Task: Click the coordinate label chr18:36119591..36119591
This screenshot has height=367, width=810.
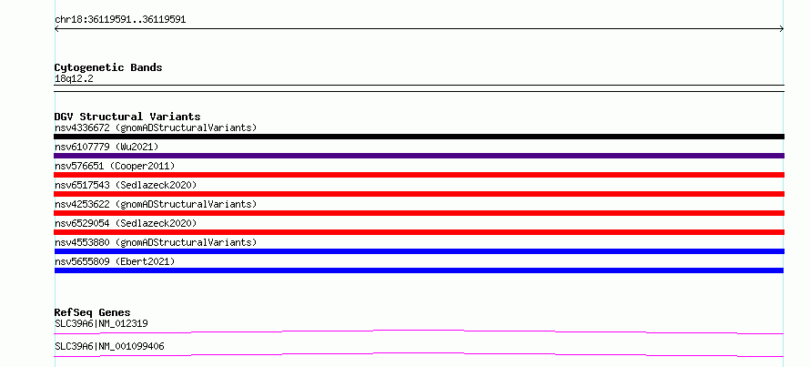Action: (x=120, y=20)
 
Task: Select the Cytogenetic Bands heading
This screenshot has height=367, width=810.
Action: (x=108, y=67)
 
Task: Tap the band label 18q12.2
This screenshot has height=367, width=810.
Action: (x=74, y=79)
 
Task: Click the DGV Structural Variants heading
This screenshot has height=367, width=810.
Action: (x=127, y=117)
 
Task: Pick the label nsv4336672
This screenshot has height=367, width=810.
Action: (x=82, y=127)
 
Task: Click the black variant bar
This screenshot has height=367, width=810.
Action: (x=419, y=137)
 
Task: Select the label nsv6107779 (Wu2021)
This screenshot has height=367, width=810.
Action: (x=106, y=147)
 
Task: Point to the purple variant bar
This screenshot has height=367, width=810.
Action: (x=419, y=156)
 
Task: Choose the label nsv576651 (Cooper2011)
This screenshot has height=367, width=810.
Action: (x=115, y=166)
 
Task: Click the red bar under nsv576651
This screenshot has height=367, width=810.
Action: (x=419, y=175)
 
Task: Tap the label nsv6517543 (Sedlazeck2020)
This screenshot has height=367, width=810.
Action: (x=126, y=185)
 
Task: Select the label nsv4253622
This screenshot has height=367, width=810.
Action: (x=82, y=204)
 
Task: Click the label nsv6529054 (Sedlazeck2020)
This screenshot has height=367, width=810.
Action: (x=126, y=223)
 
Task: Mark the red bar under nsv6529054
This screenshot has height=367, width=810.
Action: (x=419, y=232)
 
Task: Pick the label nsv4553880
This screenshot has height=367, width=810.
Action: (x=82, y=242)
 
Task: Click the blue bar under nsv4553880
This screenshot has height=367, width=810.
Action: (x=419, y=251)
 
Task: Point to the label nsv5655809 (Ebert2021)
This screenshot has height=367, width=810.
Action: (x=115, y=261)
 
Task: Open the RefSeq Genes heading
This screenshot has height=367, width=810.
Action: (x=93, y=312)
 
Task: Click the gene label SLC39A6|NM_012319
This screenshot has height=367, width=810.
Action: (x=101, y=324)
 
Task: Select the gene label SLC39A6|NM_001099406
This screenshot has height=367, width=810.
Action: (x=109, y=347)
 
